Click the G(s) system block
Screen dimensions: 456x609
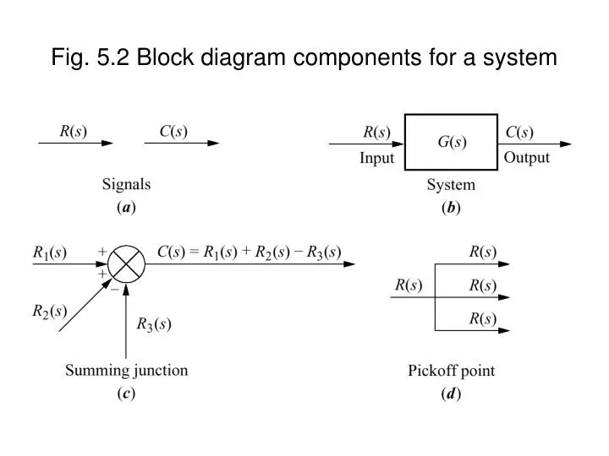(x=451, y=143)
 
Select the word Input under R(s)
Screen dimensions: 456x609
(x=377, y=159)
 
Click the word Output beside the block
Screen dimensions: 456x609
(x=526, y=158)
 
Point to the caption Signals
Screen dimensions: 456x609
(x=127, y=183)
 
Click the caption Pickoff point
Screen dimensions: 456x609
(x=452, y=371)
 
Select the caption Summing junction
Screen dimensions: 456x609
(x=128, y=371)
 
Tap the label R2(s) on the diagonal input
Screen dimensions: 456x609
(x=49, y=311)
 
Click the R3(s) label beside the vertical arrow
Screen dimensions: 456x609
(x=155, y=323)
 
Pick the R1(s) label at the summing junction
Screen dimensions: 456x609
(x=49, y=252)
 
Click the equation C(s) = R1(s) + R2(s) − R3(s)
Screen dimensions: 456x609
(x=250, y=251)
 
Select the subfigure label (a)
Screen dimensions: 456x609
(x=127, y=206)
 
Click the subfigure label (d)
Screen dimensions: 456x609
(x=452, y=394)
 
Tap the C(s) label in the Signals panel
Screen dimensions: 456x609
(x=173, y=132)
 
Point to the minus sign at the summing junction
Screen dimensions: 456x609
(x=114, y=287)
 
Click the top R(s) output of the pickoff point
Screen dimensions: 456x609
(x=483, y=252)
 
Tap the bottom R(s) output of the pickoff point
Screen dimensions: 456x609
(x=483, y=318)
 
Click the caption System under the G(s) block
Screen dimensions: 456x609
(x=452, y=185)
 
